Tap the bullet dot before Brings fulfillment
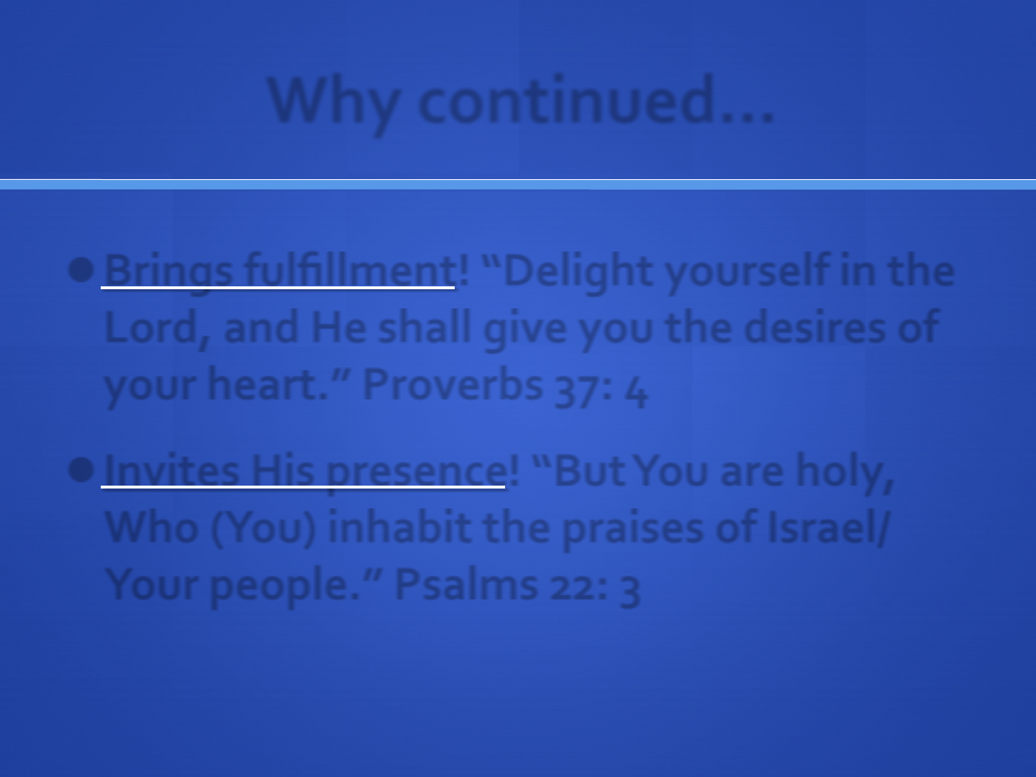coord(81,271)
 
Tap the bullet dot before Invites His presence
coord(81,470)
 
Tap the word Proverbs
coord(453,384)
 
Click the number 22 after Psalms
coord(573,587)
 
